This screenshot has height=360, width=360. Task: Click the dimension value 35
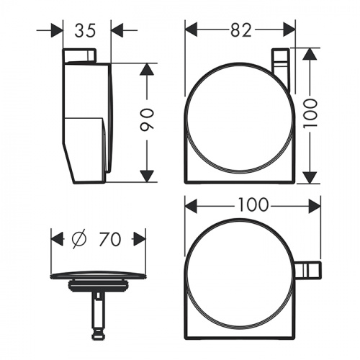[85, 31]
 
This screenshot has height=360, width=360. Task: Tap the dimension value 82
[240, 30]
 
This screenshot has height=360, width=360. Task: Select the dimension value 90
[146, 120]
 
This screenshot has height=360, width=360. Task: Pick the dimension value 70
[109, 239]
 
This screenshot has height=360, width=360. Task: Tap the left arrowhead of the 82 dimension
[192, 30]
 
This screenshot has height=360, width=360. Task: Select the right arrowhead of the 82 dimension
[289, 30]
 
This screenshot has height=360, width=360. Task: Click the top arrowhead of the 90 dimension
[147, 70]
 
